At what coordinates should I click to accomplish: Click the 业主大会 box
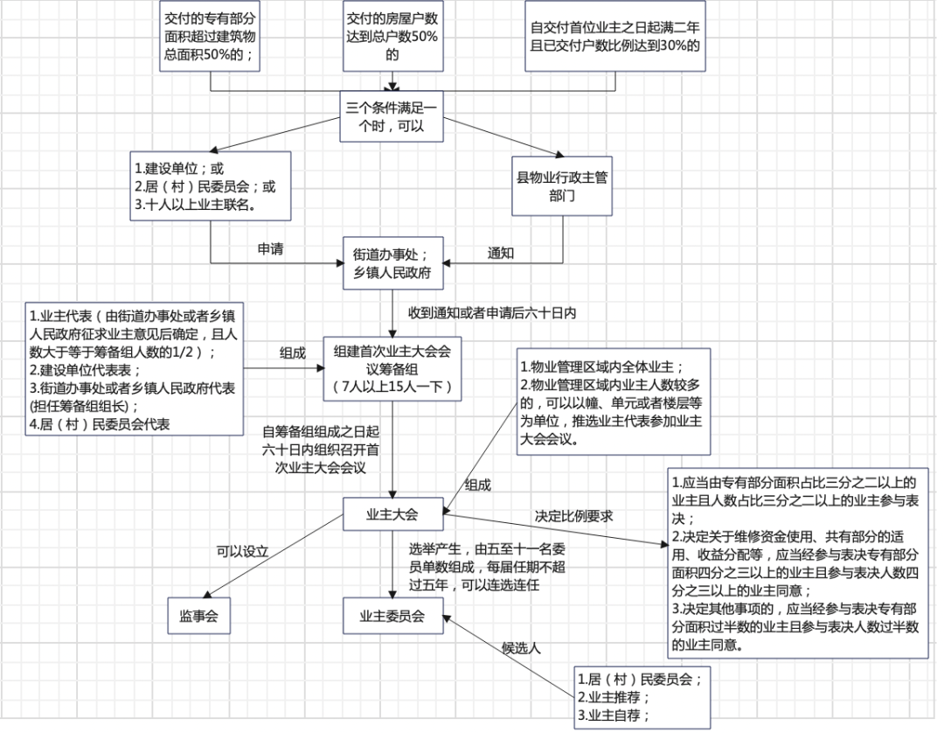[x=392, y=514]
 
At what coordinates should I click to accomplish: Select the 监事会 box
[x=199, y=616]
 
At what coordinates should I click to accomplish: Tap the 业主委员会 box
[x=392, y=616]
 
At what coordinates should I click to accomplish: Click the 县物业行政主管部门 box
[x=562, y=186]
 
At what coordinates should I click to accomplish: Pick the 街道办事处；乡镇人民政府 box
[x=392, y=262]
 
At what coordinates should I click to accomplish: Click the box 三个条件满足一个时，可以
[x=392, y=115]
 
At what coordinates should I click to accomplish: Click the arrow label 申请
[x=269, y=249]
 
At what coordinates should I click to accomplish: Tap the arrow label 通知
[x=500, y=252]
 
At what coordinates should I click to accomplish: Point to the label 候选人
[x=522, y=648]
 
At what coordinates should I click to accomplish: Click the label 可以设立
[x=242, y=552]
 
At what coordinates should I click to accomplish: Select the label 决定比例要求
[x=573, y=516]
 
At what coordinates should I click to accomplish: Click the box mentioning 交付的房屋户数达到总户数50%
[x=392, y=36]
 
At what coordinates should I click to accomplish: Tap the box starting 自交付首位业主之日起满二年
[x=614, y=36]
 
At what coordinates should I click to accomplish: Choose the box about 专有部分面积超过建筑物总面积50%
[x=212, y=36]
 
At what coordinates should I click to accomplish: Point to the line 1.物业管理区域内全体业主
[x=602, y=366]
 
